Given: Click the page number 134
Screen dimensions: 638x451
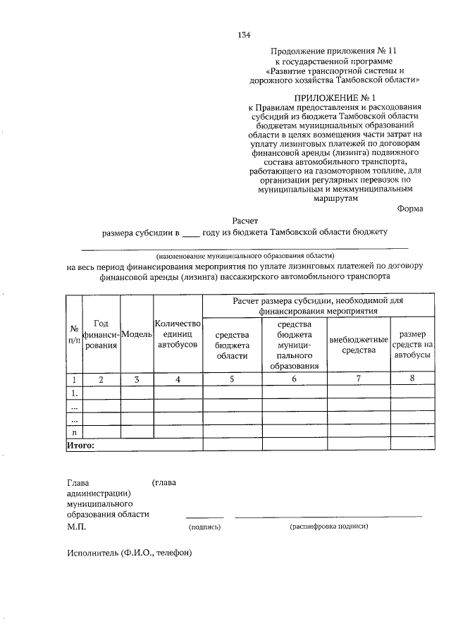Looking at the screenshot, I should click(x=245, y=35).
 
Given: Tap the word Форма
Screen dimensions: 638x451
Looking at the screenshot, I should click(x=410, y=208).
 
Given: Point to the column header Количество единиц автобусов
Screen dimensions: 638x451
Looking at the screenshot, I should click(x=178, y=333).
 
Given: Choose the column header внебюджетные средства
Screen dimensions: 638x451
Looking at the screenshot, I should click(x=359, y=345).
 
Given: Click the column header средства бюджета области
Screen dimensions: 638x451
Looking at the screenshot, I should click(x=232, y=345).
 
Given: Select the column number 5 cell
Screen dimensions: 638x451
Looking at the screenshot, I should click(x=232, y=379).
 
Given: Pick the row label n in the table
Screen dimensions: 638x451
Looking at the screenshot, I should click(x=74, y=432).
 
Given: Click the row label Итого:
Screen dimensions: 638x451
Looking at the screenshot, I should click(x=80, y=446).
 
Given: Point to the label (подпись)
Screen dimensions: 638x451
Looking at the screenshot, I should click(x=205, y=527).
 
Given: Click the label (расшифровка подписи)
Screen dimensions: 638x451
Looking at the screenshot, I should click(x=329, y=527).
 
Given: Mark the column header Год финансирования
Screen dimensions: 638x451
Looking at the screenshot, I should click(x=101, y=333).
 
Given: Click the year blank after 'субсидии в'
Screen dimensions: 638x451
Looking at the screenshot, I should click(x=191, y=233).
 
